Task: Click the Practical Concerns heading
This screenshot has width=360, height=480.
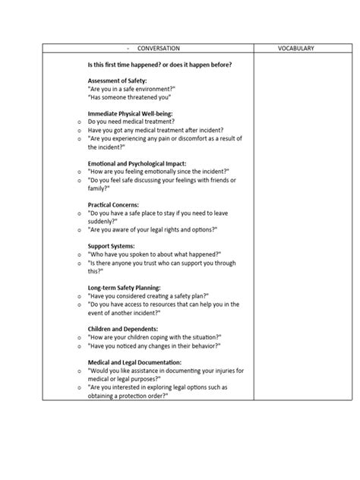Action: pos(115,204)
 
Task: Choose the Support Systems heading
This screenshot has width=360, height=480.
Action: pos(112,245)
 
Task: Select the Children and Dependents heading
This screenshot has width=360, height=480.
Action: pos(123,329)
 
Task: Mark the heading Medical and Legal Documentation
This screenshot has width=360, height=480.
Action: pos(139,362)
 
